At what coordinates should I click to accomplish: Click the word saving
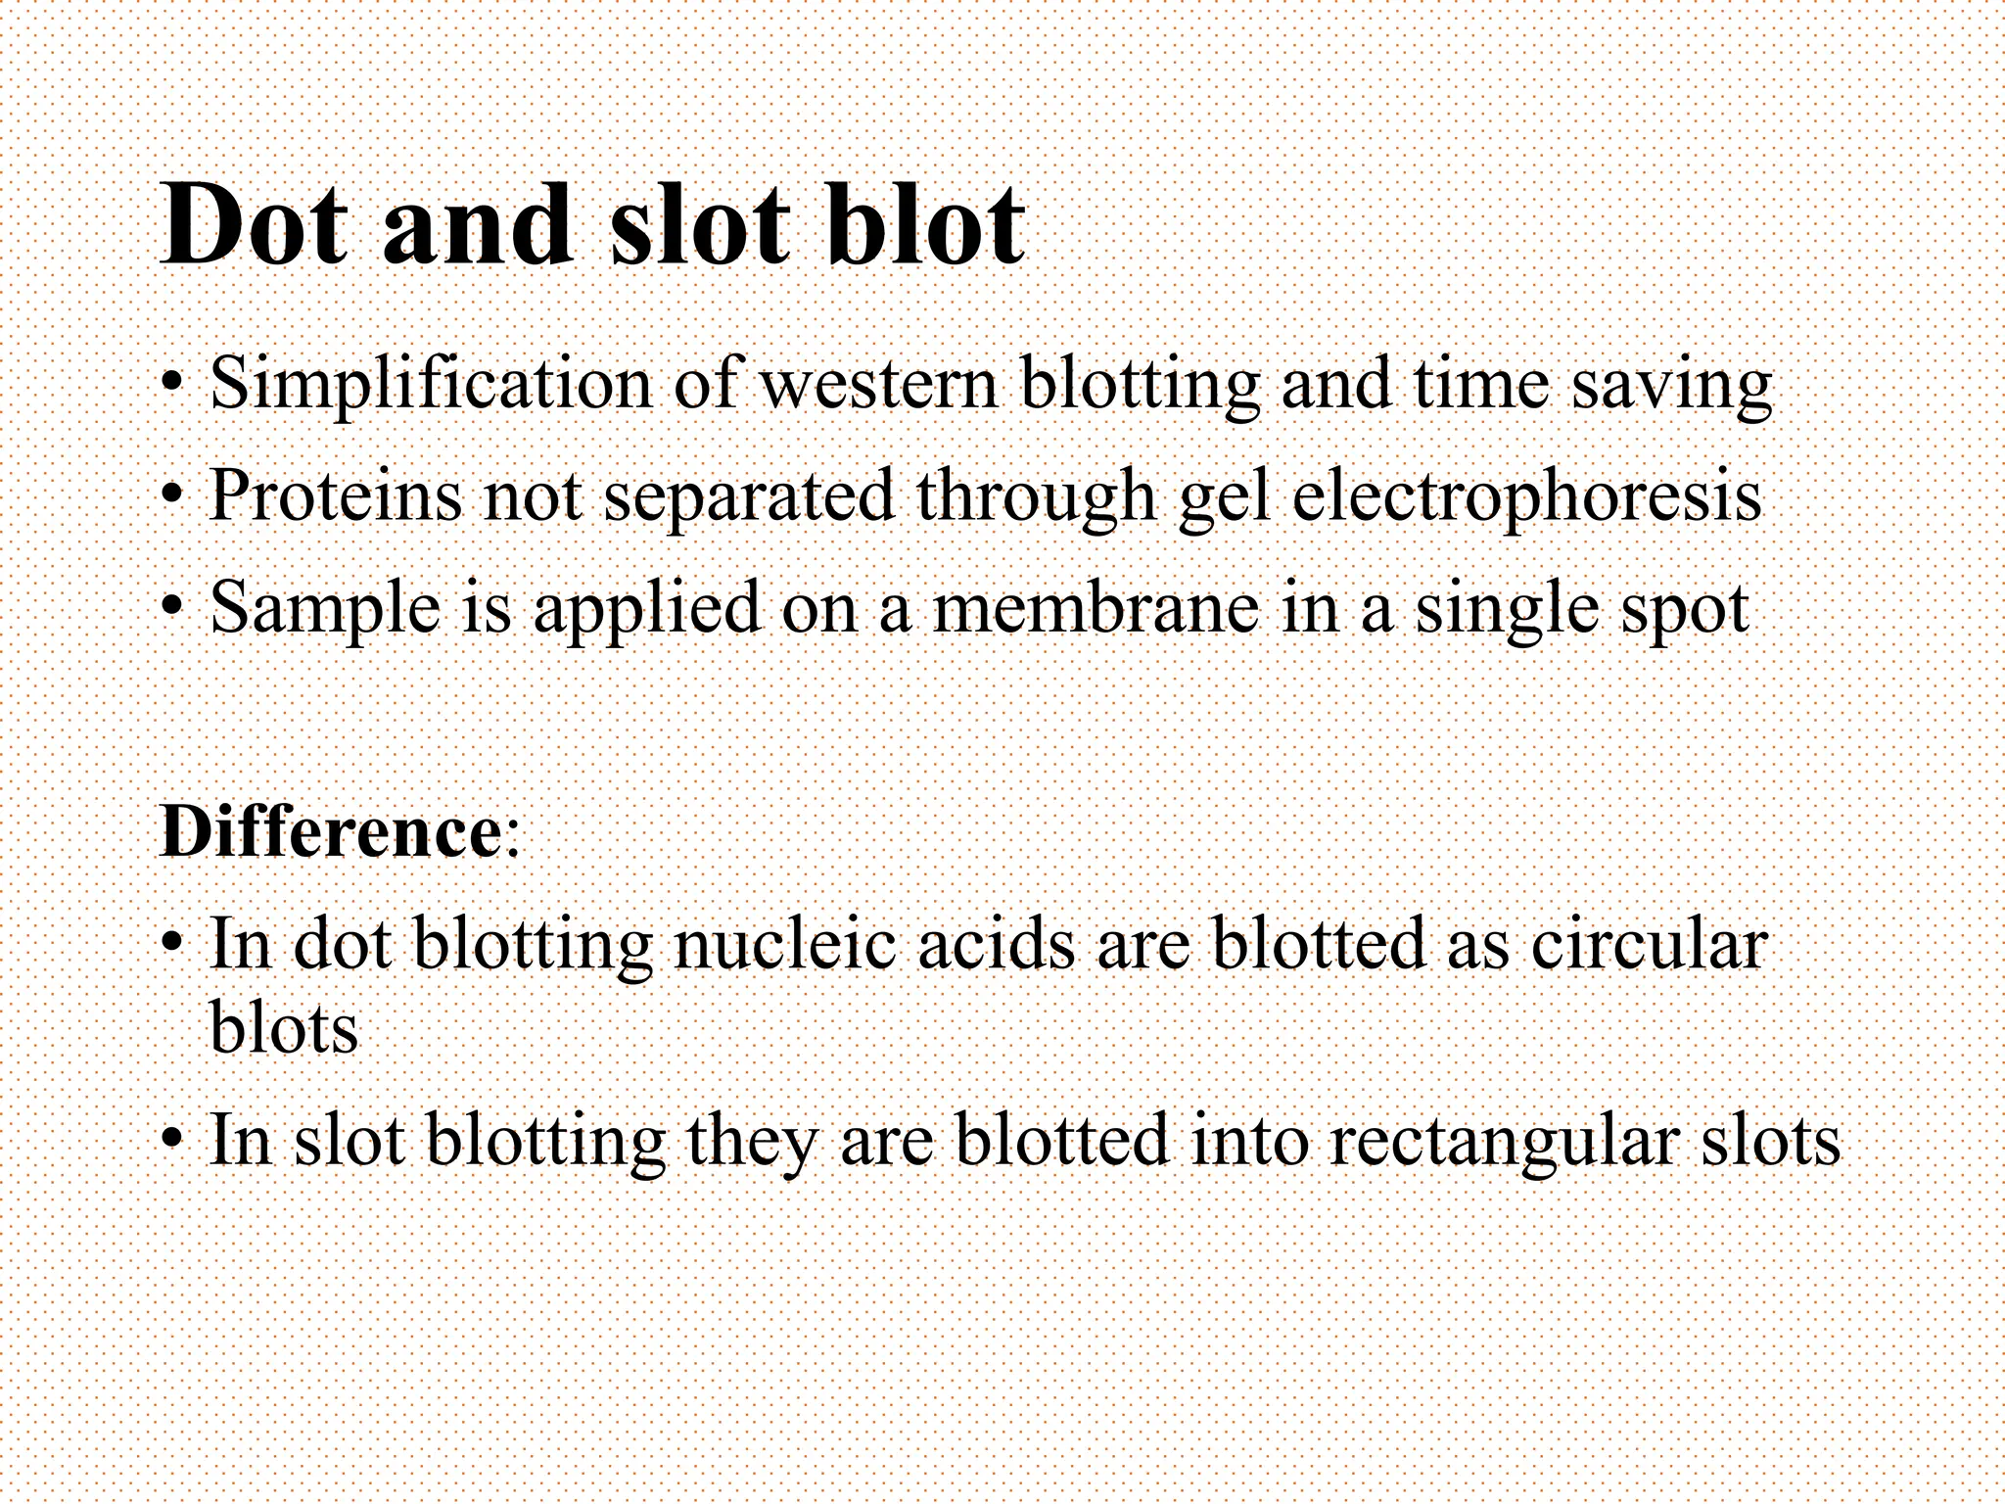1672,385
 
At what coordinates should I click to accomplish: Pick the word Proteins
335,495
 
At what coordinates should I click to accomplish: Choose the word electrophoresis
1527,497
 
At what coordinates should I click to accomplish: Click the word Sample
326,609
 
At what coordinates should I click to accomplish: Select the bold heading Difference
331,832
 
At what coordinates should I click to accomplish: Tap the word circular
1649,945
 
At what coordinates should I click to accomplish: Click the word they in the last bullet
751,1142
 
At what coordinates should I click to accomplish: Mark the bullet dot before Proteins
172,495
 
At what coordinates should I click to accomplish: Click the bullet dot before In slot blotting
172,1140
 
